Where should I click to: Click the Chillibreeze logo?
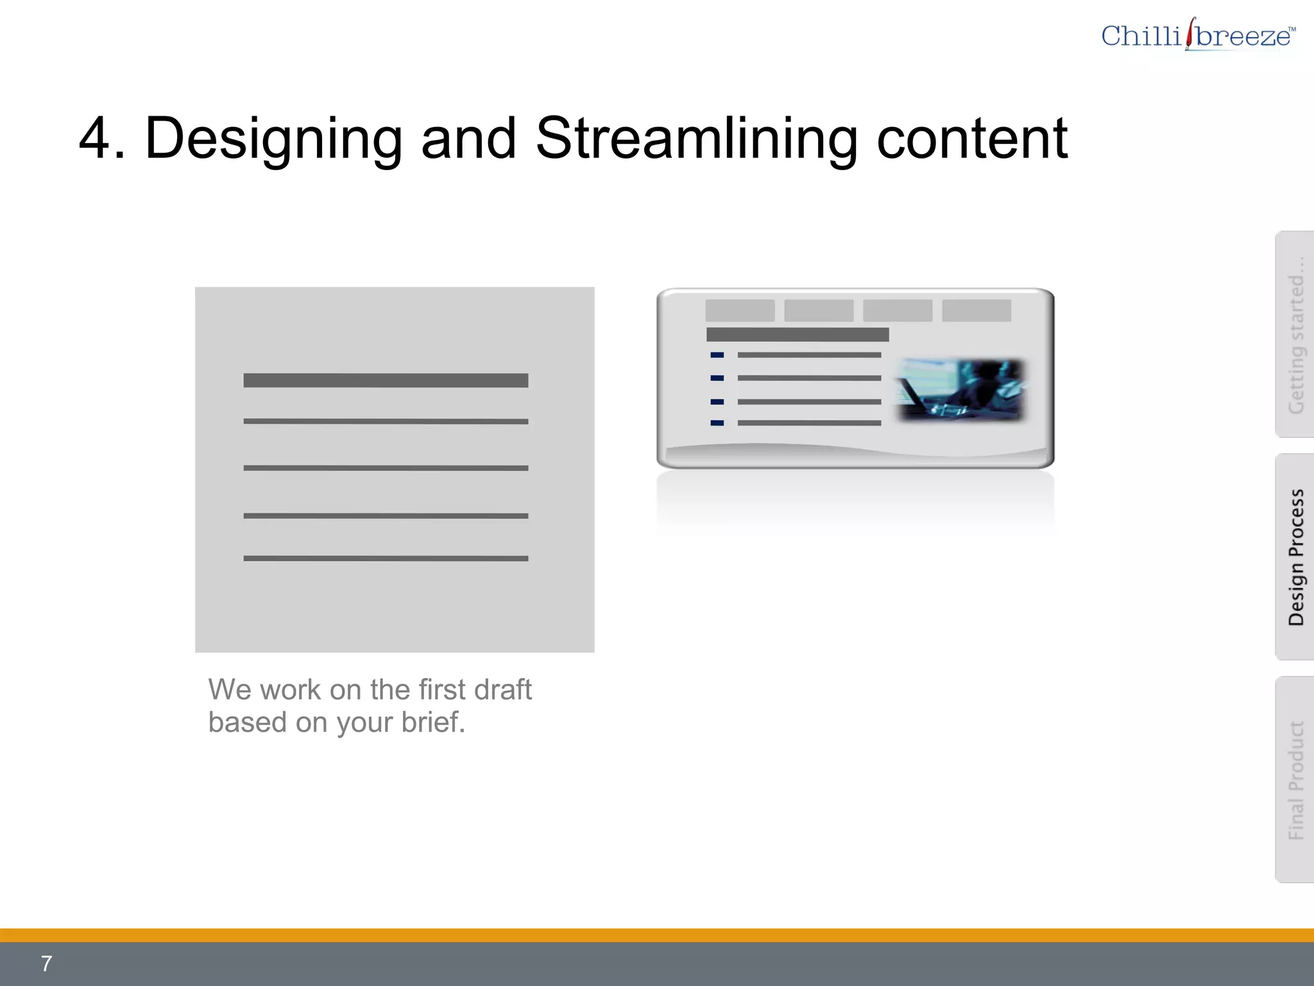point(1197,35)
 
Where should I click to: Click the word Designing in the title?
point(274,139)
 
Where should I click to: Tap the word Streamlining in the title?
point(696,139)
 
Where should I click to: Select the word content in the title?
point(972,139)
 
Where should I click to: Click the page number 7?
point(46,964)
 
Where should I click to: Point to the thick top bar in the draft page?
point(386,381)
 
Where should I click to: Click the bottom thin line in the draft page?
point(386,558)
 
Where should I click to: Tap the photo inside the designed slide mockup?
point(960,390)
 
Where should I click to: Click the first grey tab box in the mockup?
point(740,311)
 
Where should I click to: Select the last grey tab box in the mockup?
point(977,311)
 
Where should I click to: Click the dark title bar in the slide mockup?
point(798,334)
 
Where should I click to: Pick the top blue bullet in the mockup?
point(717,355)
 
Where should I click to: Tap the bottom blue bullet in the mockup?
point(717,423)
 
